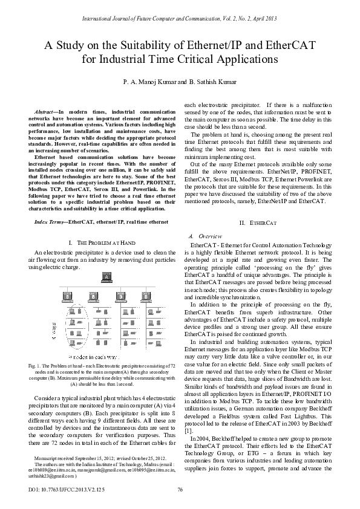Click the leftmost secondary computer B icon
point(64,297)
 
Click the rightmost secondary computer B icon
point(142,297)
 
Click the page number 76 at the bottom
point(180,489)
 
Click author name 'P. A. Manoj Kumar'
point(148,80)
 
